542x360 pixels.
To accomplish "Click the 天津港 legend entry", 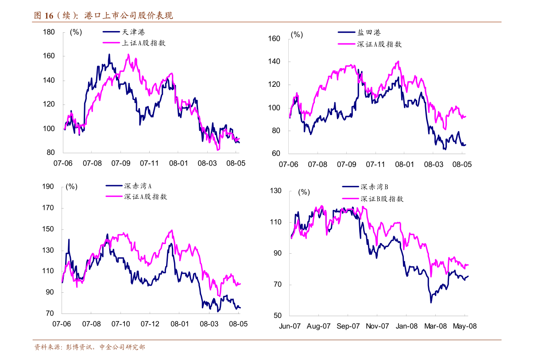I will (133, 32).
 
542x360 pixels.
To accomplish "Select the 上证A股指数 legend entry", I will (143, 43).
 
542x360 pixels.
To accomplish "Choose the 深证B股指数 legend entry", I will (382, 199).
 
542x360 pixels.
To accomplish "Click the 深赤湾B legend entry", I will (374, 187).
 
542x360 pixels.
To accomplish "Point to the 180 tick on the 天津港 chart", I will (49, 32).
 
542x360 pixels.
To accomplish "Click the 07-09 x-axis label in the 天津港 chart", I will (120, 163).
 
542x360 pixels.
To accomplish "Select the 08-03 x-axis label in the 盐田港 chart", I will (433, 164).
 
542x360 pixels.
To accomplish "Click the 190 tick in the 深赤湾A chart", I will (48, 186).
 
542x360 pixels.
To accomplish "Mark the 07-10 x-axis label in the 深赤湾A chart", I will (120, 324).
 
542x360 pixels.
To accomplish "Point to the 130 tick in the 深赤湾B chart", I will (276, 191).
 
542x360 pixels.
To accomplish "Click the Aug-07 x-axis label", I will (319, 326).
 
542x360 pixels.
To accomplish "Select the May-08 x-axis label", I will (465, 326).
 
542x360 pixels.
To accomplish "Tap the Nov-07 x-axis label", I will (377, 326).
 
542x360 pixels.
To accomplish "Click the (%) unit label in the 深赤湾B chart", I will (304, 192).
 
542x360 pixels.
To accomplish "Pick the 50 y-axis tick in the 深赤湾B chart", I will (277, 316).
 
